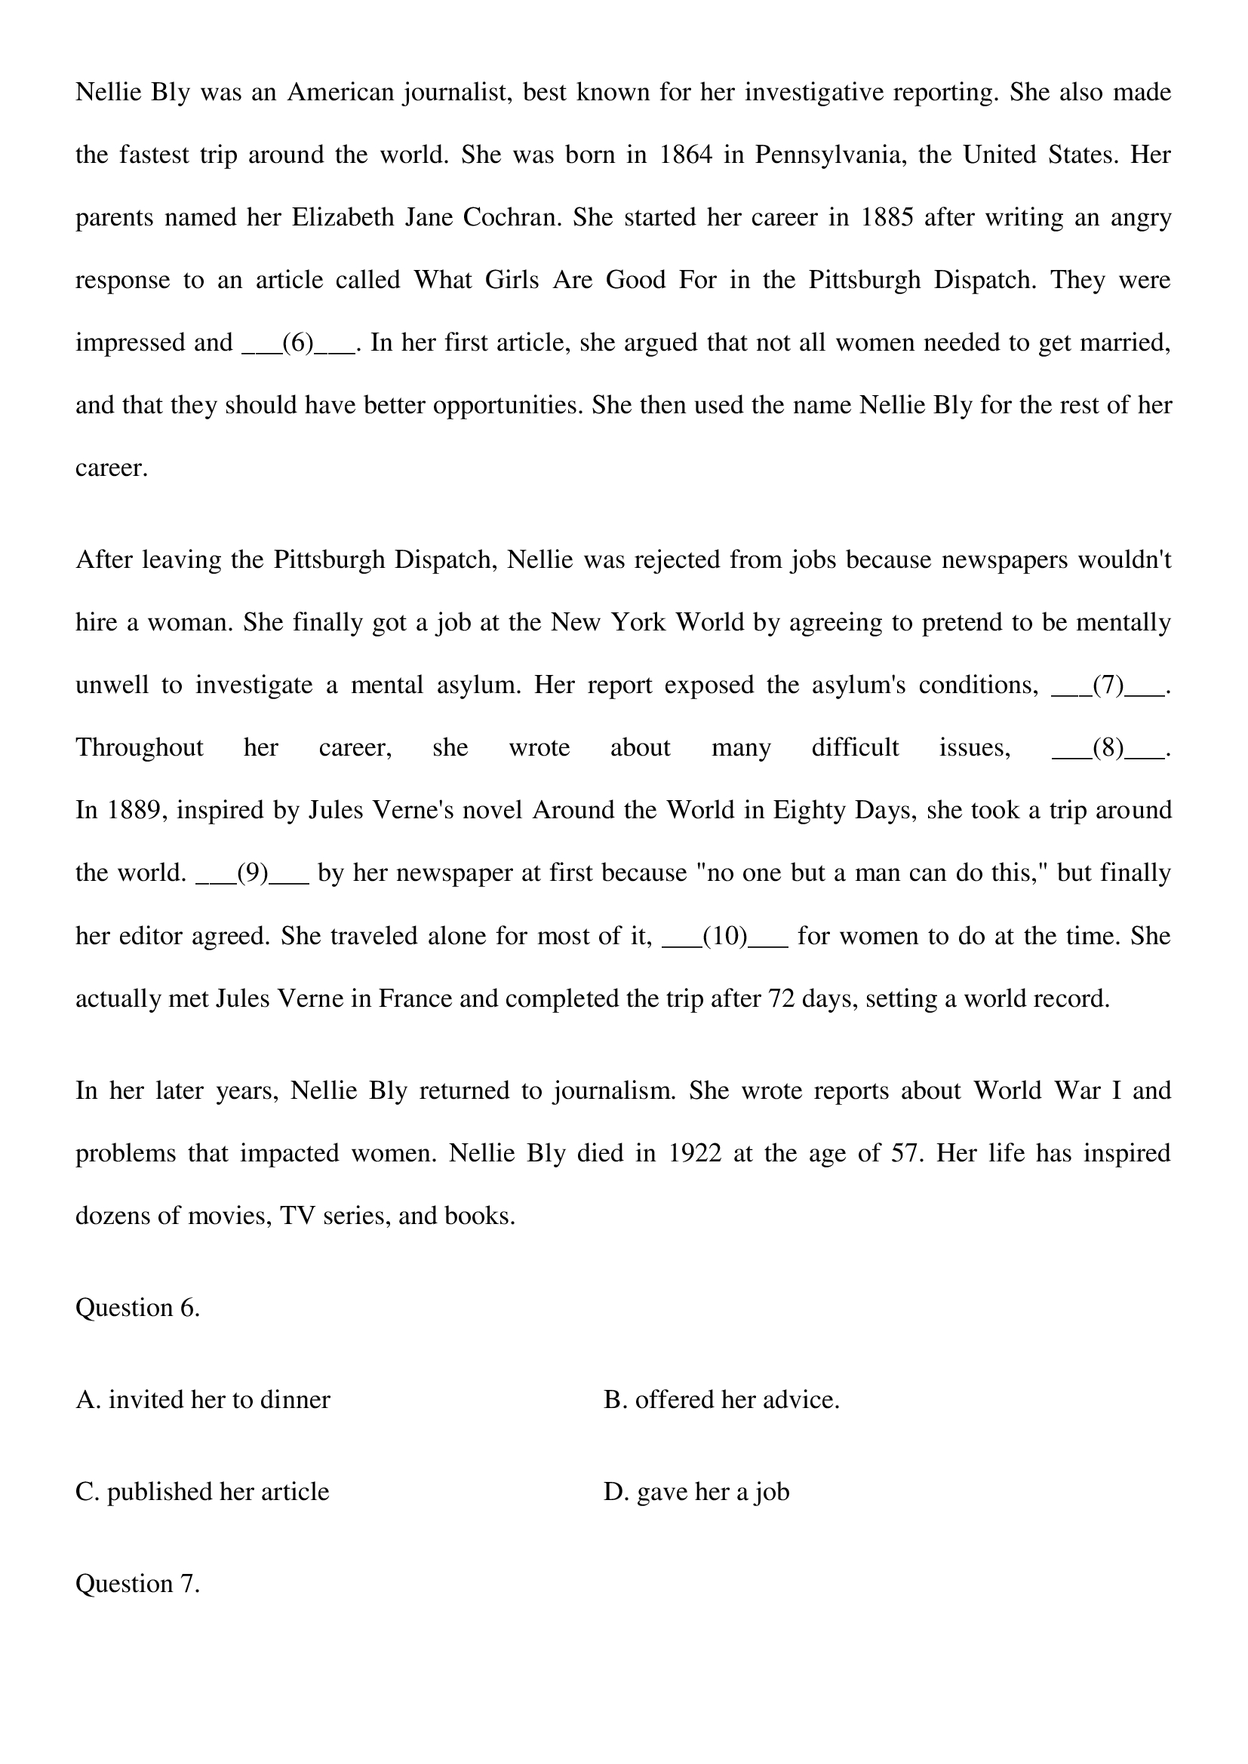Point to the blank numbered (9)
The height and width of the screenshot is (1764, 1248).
click(x=253, y=873)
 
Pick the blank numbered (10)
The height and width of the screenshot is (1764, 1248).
click(x=724, y=936)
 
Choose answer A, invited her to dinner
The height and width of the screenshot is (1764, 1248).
click(x=203, y=1400)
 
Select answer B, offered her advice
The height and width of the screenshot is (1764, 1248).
click(x=721, y=1400)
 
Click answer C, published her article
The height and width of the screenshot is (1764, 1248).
click(x=202, y=1491)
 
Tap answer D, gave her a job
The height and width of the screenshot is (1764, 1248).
click(x=696, y=1491)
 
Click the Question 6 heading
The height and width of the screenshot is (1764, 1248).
click(x=137, y=1308)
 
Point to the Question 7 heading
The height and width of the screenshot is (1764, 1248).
click(x=137, y=1584)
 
